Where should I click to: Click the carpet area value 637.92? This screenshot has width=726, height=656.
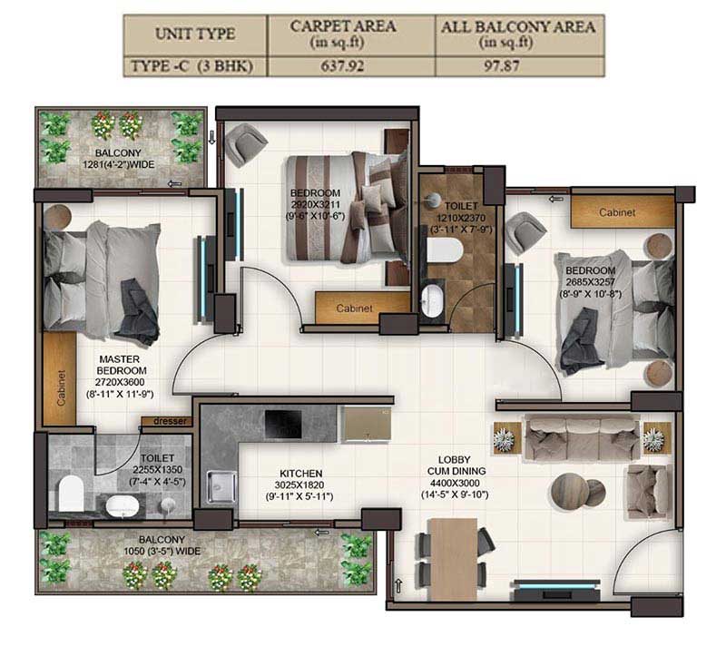pyautogui.click(x=342, y=66)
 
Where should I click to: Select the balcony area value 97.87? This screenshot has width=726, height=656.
pyautogui.click(x=502, y=66)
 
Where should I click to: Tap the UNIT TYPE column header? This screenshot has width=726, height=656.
pyautogui.click(x=195, y=34)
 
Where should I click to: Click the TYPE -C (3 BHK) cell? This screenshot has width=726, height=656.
pyautogui.click(x=192, y=66)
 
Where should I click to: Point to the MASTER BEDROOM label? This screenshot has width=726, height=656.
pyautogui.click(x=122, y=365)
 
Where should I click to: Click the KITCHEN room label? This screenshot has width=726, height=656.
pyautogui.click(x=301, y=474)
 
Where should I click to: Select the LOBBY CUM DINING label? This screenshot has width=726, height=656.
pyautogui.click(x=456, y=465)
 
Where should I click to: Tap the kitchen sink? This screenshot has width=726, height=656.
pyautogui.click(x=221, y=486)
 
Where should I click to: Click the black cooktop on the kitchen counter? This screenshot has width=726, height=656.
pyautogui.click(x=283, y=424)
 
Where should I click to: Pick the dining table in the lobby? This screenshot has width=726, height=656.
pyautogui.click(x=453, y=559)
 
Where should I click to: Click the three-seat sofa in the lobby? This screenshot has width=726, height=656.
pyautogui.click(x=582, y=438)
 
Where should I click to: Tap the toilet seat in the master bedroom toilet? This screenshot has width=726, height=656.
pyautogui.click(x=72, y=492)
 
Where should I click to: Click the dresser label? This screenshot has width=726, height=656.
pyautogui.click(x=170, y=421)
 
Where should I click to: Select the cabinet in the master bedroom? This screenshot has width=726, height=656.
pyautogui.click(x=60, y=378)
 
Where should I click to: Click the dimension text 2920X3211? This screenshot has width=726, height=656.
pyautogui.click(x=316, y=204)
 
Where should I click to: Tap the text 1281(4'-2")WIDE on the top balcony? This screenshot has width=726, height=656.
pyautogui.click(x=119, y=164)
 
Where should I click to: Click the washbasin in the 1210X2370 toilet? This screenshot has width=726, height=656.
pyautogui.click(x=432, y=300)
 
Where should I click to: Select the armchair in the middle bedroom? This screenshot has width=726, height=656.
pyautogui.click(x=246, y=143)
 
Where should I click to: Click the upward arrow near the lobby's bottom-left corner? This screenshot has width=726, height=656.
pyautogui.click(x=398, y=585)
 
